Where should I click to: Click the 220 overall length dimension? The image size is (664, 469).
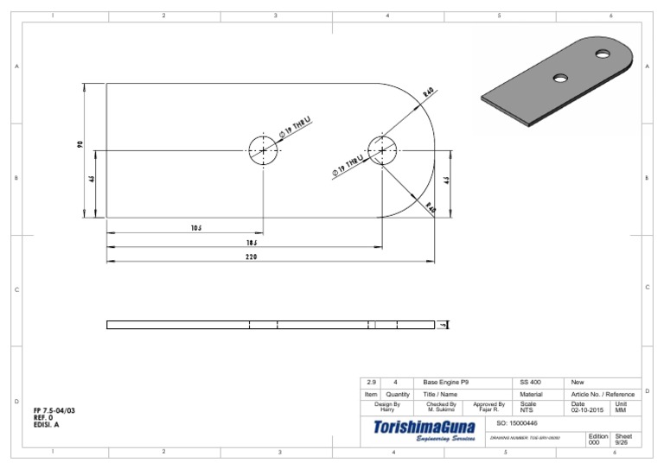[251, 257]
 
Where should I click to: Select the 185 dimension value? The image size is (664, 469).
[250, 244]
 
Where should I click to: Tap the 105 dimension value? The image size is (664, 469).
[196, 229]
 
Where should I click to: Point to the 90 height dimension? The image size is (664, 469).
[79, 147]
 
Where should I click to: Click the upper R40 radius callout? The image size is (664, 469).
[429, 92]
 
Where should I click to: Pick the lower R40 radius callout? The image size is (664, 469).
[430, 208]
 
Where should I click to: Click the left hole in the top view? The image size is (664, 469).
[265, 150]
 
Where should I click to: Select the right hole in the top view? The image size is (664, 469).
[381, 150]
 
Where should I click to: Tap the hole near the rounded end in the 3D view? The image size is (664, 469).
[602, 54]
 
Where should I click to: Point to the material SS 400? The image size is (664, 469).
[531, 382]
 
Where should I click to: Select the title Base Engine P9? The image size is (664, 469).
[446, 382]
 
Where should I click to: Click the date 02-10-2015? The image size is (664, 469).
[588, 410]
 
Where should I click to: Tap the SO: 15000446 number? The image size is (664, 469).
[518, 423]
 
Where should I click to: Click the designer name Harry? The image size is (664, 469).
[386, 410]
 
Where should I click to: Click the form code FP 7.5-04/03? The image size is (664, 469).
[54, 410]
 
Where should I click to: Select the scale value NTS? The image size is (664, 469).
[527, 410]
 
